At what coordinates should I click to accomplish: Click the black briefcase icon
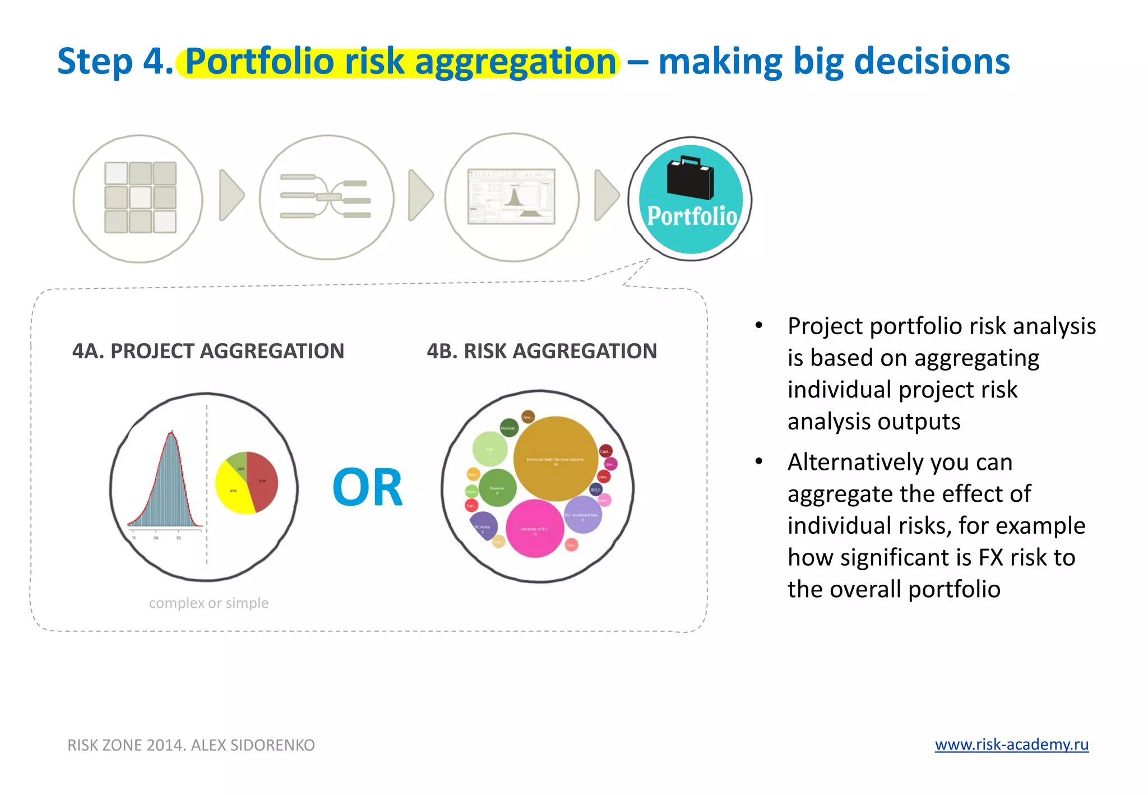[x=691, y=178]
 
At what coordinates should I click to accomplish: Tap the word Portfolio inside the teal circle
[x=692, y=216]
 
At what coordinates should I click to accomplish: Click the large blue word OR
[x=367, y=488]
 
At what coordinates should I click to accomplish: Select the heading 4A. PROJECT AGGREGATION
[x=208, y=352]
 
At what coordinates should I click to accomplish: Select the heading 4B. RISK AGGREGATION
[x=541, y=352]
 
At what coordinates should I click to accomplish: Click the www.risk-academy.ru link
[x=1011, y=744]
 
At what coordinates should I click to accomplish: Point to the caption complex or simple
[x=209, y=603]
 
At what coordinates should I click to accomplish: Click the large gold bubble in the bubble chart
[x=556, y=459]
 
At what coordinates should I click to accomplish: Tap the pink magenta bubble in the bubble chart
[x=534, y=529]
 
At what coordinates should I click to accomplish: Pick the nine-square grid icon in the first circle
[x=140, y=197]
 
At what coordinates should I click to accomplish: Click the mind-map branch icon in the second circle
[x=326, y=197]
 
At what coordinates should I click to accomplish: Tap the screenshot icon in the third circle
[x=511, y=197]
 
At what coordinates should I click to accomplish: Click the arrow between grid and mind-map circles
[x=230, y=195]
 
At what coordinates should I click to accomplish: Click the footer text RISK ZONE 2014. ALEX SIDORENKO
[x=191, y=745]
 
